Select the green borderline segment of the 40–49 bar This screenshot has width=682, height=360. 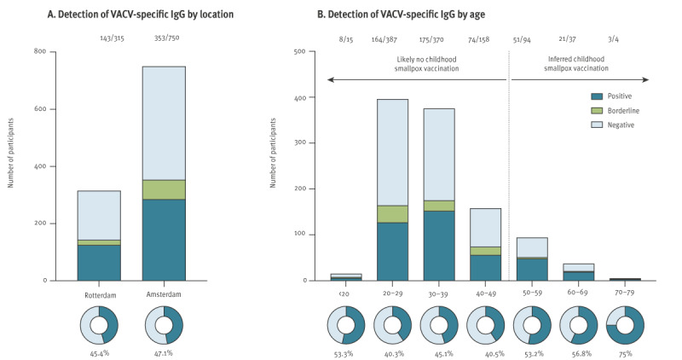coord(486,251)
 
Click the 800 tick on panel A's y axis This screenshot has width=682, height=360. coord(39,52)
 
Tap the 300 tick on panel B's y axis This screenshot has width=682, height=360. coord(299,142)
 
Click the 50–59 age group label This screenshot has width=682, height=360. coord(532,292)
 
